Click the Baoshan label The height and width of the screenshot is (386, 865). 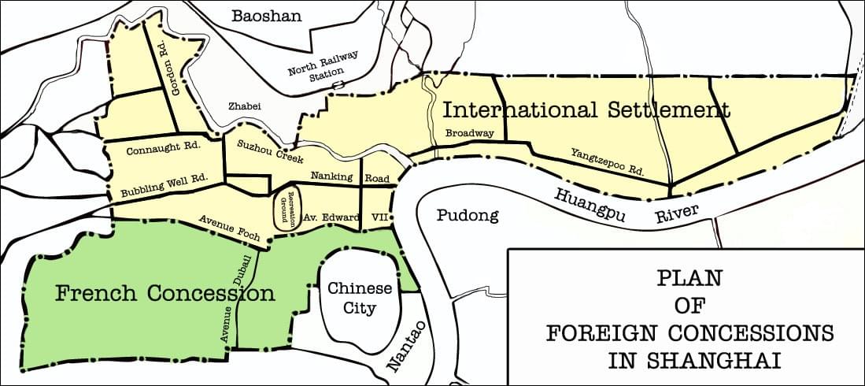[x=267, y=16]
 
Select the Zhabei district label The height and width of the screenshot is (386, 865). [x=244, y=106]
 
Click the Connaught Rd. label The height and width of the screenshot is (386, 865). [x=153, y=147]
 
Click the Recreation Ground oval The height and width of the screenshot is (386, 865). [x=285, y=210]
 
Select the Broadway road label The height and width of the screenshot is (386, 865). [x=469, y=133]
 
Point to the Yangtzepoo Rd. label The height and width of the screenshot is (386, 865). [x=608, y=161]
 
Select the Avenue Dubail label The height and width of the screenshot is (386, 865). [x=236, y=301]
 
